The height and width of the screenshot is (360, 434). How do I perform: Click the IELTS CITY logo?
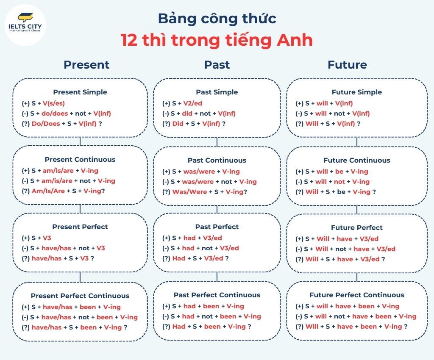point(25,23)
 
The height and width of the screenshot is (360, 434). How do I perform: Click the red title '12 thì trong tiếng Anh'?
point(217,40)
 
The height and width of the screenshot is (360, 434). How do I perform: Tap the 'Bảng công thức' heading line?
point(217,18)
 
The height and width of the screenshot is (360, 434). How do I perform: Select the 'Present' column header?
point(86,64)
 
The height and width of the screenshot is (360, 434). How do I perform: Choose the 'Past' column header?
point(217,64)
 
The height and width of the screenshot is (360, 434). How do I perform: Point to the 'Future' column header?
point(347,64)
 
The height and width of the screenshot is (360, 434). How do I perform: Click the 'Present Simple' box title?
point(80,92)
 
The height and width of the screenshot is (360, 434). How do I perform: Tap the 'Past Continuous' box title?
point(217,160)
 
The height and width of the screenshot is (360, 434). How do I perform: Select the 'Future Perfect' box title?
point(357,227)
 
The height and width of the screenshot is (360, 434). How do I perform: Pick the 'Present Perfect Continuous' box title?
point(80,296)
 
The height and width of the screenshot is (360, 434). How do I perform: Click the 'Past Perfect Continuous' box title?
point(217,295)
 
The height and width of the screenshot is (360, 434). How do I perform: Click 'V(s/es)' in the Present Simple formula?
point(54,103)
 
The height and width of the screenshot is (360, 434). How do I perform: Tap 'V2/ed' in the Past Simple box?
point(193,103)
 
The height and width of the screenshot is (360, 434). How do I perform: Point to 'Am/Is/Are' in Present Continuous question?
point(48,191)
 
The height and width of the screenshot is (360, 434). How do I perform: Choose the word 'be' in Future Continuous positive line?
point(339,172)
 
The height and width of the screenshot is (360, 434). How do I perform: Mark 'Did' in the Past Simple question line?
point(178,124)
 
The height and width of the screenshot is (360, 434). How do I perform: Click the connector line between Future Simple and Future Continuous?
point(357,142)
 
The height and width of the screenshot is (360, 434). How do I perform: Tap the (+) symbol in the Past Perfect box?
point(166,238)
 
